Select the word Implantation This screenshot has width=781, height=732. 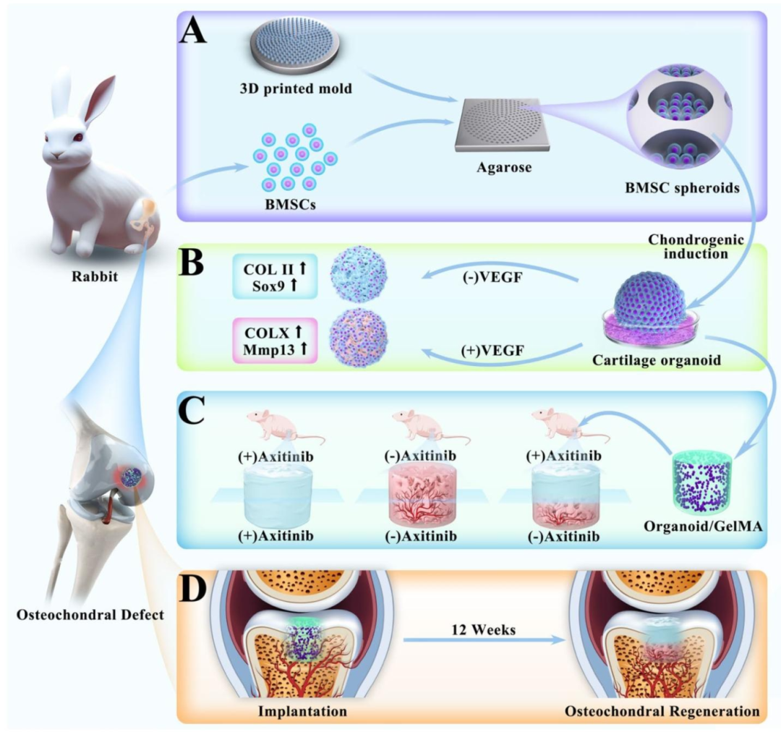pos(302,710)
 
